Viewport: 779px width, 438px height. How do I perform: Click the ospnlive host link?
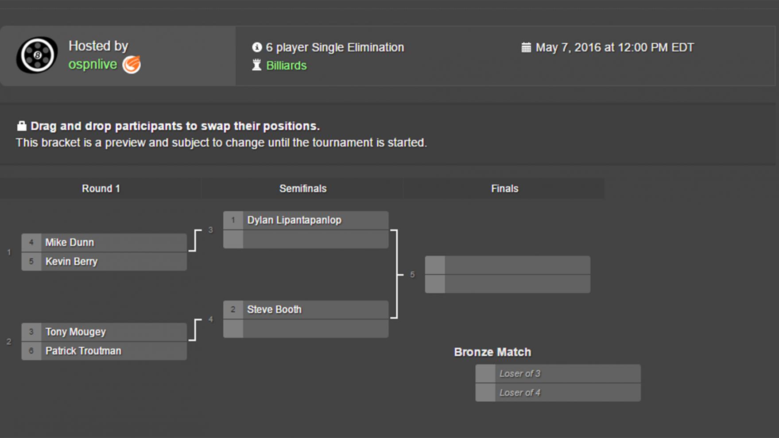point(93,65)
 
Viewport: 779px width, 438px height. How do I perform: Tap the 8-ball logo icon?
point(37,55)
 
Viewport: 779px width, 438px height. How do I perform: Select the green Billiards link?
point(286,66)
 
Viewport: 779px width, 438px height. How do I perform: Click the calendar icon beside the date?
point(526,47)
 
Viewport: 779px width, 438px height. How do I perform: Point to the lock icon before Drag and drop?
point(21,126)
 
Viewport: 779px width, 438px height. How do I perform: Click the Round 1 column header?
point(101,189)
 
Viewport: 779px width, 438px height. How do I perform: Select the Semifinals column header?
point(303,189)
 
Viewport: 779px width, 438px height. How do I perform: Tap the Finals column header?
point(504,189)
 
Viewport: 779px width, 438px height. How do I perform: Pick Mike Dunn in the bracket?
point(70,243)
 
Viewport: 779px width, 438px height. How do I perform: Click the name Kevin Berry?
point(71,262)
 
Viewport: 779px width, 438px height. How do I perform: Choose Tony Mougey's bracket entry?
point(75,332)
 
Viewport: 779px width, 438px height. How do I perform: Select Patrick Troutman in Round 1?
point(83,351)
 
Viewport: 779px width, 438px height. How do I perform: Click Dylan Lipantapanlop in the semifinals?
point(294,220)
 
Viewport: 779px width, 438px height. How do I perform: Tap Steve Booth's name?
point(274,310)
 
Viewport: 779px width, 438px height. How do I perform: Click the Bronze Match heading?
point(492,352)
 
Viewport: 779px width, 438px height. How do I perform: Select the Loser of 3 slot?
point(520,374)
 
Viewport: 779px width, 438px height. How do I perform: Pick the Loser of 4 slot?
point(520,393)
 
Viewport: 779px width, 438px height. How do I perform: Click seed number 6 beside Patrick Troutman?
point(31,351)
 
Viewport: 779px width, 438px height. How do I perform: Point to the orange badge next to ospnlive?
point(132,65)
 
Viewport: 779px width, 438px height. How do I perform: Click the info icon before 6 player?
point(257,47)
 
